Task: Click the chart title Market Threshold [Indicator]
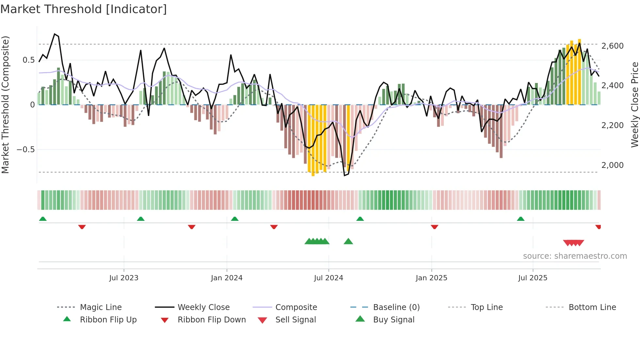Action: pyautogui.click(x=84, y=9)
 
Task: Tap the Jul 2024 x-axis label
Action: pyautogui.click(x=328, y=278)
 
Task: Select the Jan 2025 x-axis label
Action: pyautogui.click(x=431, y=278)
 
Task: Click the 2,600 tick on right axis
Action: pyautogui.click(x=612, y=46)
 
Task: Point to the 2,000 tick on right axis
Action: pyautogui.click(x=612, y=165)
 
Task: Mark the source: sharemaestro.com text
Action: pyautogui.click(x=575, y=256)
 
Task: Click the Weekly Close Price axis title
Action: pyautogui.click(x=634, y=105)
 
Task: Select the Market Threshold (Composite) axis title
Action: pyautogui.click(x=5, y=105)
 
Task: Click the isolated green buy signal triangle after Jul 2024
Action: pyautogui.click(x=348, y=241)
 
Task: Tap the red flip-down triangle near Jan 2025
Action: pyautogui.click(x=434, y=227)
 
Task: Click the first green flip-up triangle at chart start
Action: pyautogui.click(x=43, y=219)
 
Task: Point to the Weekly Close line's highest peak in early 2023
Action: pyautogui.click(x=55, y=34)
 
